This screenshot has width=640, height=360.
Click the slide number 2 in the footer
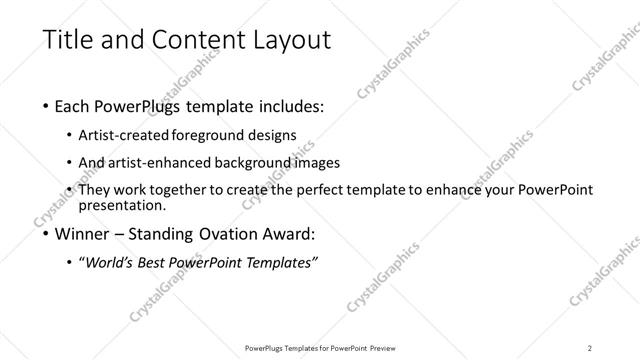pos(590,347)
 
